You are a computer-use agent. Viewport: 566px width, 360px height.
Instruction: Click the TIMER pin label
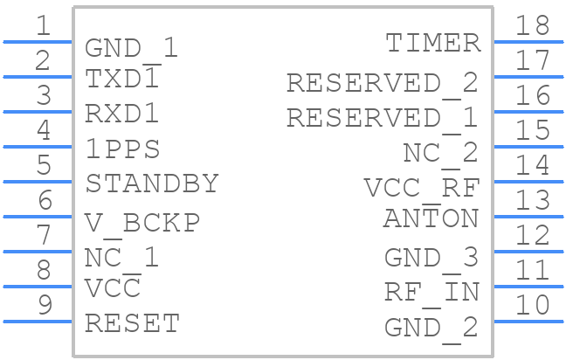pyautogui.click(x=433, y=43)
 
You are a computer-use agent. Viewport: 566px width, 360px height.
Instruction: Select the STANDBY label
pyautogui.click(x=152, y=183)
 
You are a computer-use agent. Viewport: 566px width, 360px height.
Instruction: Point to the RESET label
pyautogui.click(x=132, y=323)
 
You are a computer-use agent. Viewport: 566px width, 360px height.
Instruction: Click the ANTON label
pyautogui.click(x=431, y=218)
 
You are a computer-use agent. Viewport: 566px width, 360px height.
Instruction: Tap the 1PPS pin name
pyautogui.click(x=123, y=149)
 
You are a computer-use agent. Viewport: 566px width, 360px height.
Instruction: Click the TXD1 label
pyautogui.click(x=122, y=79)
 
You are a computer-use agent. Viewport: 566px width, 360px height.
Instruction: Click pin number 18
pyautogui.click(x=533, y=25)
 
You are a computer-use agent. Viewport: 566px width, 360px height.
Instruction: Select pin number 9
pyautogui.click(x=45, y=305)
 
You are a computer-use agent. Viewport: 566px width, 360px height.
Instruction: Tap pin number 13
pyautogui.click(x=533, y=200)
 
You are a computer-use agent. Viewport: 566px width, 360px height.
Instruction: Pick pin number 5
pyautogui.click(x=44, y=165)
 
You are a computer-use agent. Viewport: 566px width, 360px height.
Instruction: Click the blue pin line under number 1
pyautogui.click(x=38, y=42)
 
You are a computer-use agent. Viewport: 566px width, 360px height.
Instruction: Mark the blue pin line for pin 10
pyautogui.click(x=528, y=322)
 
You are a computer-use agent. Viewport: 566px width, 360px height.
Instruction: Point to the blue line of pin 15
pyautogui.click(x=528, y=147)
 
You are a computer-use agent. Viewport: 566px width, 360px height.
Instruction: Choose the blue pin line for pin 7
pyautogui.click(x=38, y=252)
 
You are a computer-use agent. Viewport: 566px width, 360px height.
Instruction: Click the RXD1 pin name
pyautogui.click(x=122, y=114)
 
